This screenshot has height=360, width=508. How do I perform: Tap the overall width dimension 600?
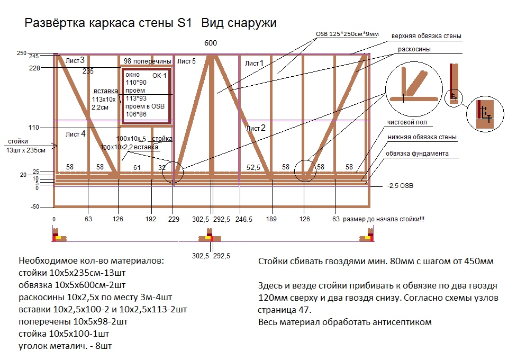[x=211, y=43]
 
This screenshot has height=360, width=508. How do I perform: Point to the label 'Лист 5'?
[x=186, y=61]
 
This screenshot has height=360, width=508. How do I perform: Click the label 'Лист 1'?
[x=255, y=63]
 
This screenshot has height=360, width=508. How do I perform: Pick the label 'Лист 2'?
[x=256, y=128]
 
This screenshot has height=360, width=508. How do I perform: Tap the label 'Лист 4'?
[x=76, y=134]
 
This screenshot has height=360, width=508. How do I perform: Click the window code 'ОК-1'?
[x=159, y=76]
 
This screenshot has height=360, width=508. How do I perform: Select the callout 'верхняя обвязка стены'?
[x=427, y=36]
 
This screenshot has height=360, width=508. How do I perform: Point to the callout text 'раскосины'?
[x=414, y=49]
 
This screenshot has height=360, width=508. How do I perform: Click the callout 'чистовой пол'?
[x=407, y=122]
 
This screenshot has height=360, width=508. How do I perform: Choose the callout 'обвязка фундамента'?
[x=418, y=154]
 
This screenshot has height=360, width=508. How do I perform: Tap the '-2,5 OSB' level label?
[x=400, y=186]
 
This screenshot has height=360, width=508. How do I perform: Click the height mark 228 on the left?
[x=34, y=68]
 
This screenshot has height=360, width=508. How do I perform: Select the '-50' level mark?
[x=35, y=206]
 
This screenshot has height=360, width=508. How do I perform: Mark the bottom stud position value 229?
[x=174, y=219]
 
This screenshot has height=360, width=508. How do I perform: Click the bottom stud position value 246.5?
[x=243, y=219]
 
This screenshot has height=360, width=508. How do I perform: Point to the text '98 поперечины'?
[x=148, y=61]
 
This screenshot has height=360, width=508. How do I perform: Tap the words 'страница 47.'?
[x=285, y=310]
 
